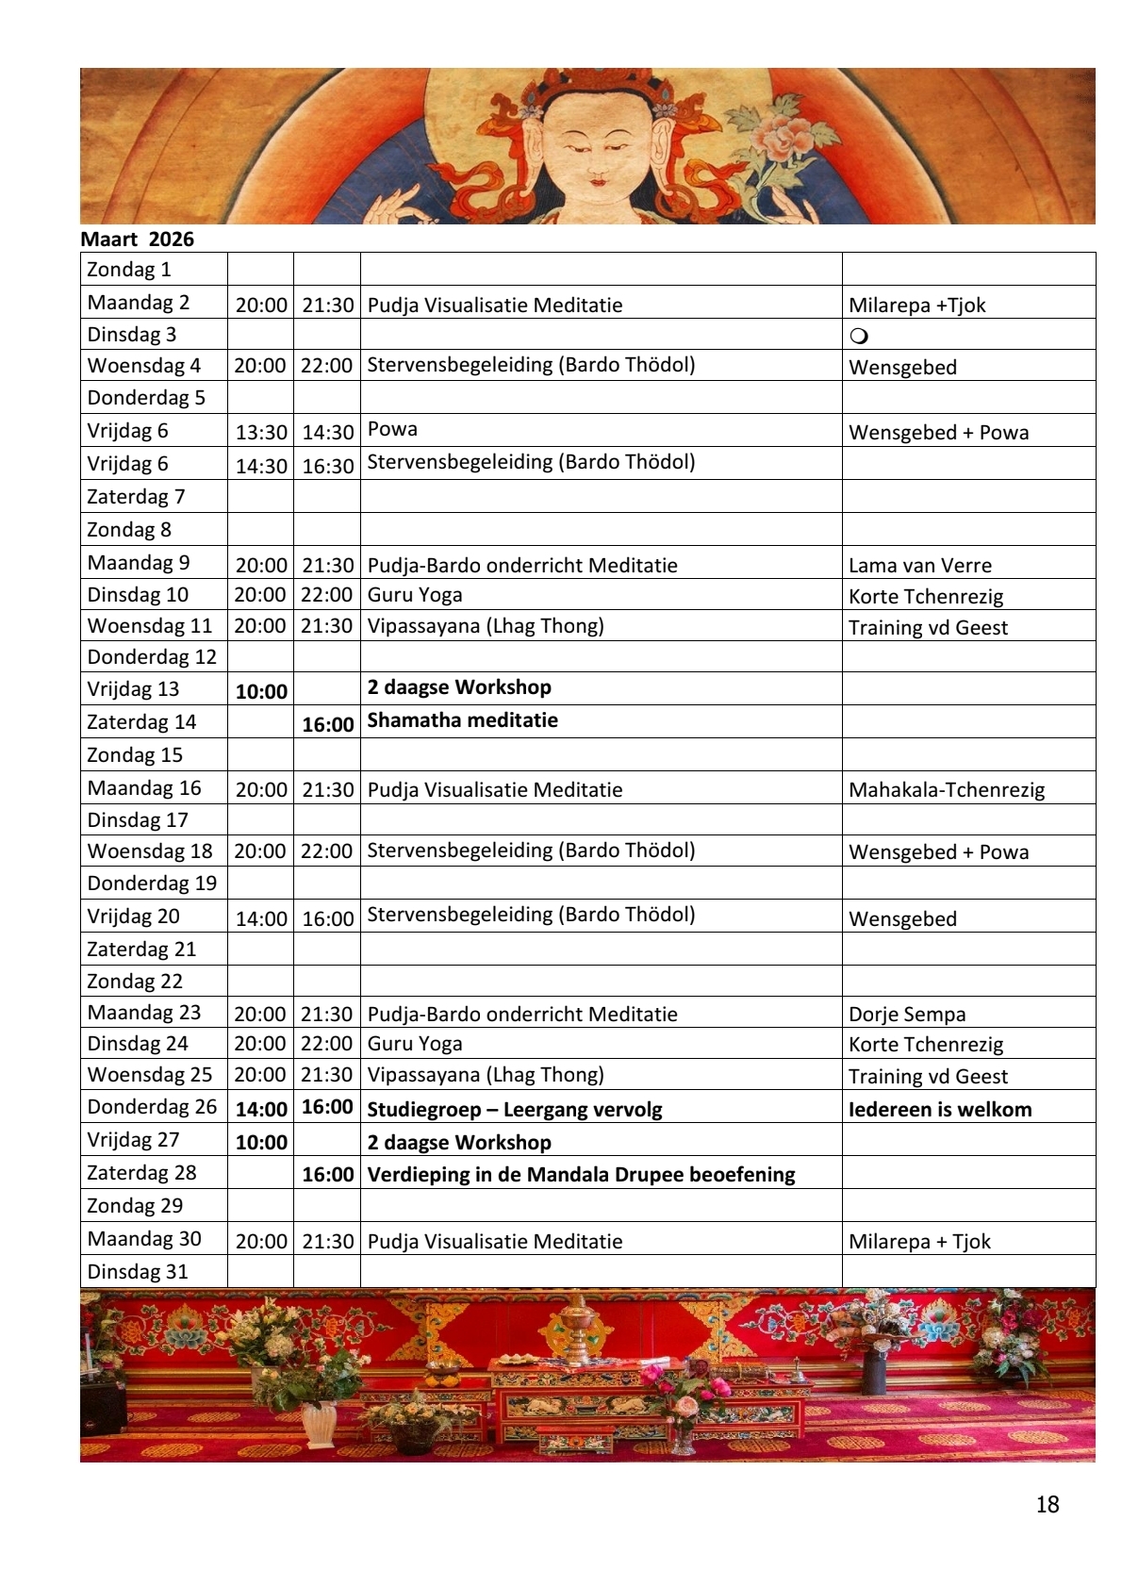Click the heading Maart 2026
click(138, 240)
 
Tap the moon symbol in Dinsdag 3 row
click(859, 337)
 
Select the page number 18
click(1047, 1504)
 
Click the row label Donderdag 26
click(152, 1107)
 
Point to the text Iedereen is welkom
click(940, 1110)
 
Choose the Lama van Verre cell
click(919, 566)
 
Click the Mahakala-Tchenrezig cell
click(947, 790)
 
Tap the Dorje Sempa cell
click(907, 1015)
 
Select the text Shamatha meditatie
click(462, 720)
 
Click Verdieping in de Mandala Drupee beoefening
click(581, 1175)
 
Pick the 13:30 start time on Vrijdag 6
click(261, 433)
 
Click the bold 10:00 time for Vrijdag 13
click(261, 692)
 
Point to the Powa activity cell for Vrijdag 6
click(392, 430)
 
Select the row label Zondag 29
click(135, 1206)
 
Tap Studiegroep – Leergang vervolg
click(515, 1110)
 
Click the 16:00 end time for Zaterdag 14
click(327, 725)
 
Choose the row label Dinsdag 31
click(138, 1272)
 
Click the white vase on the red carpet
click(319, 1424)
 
